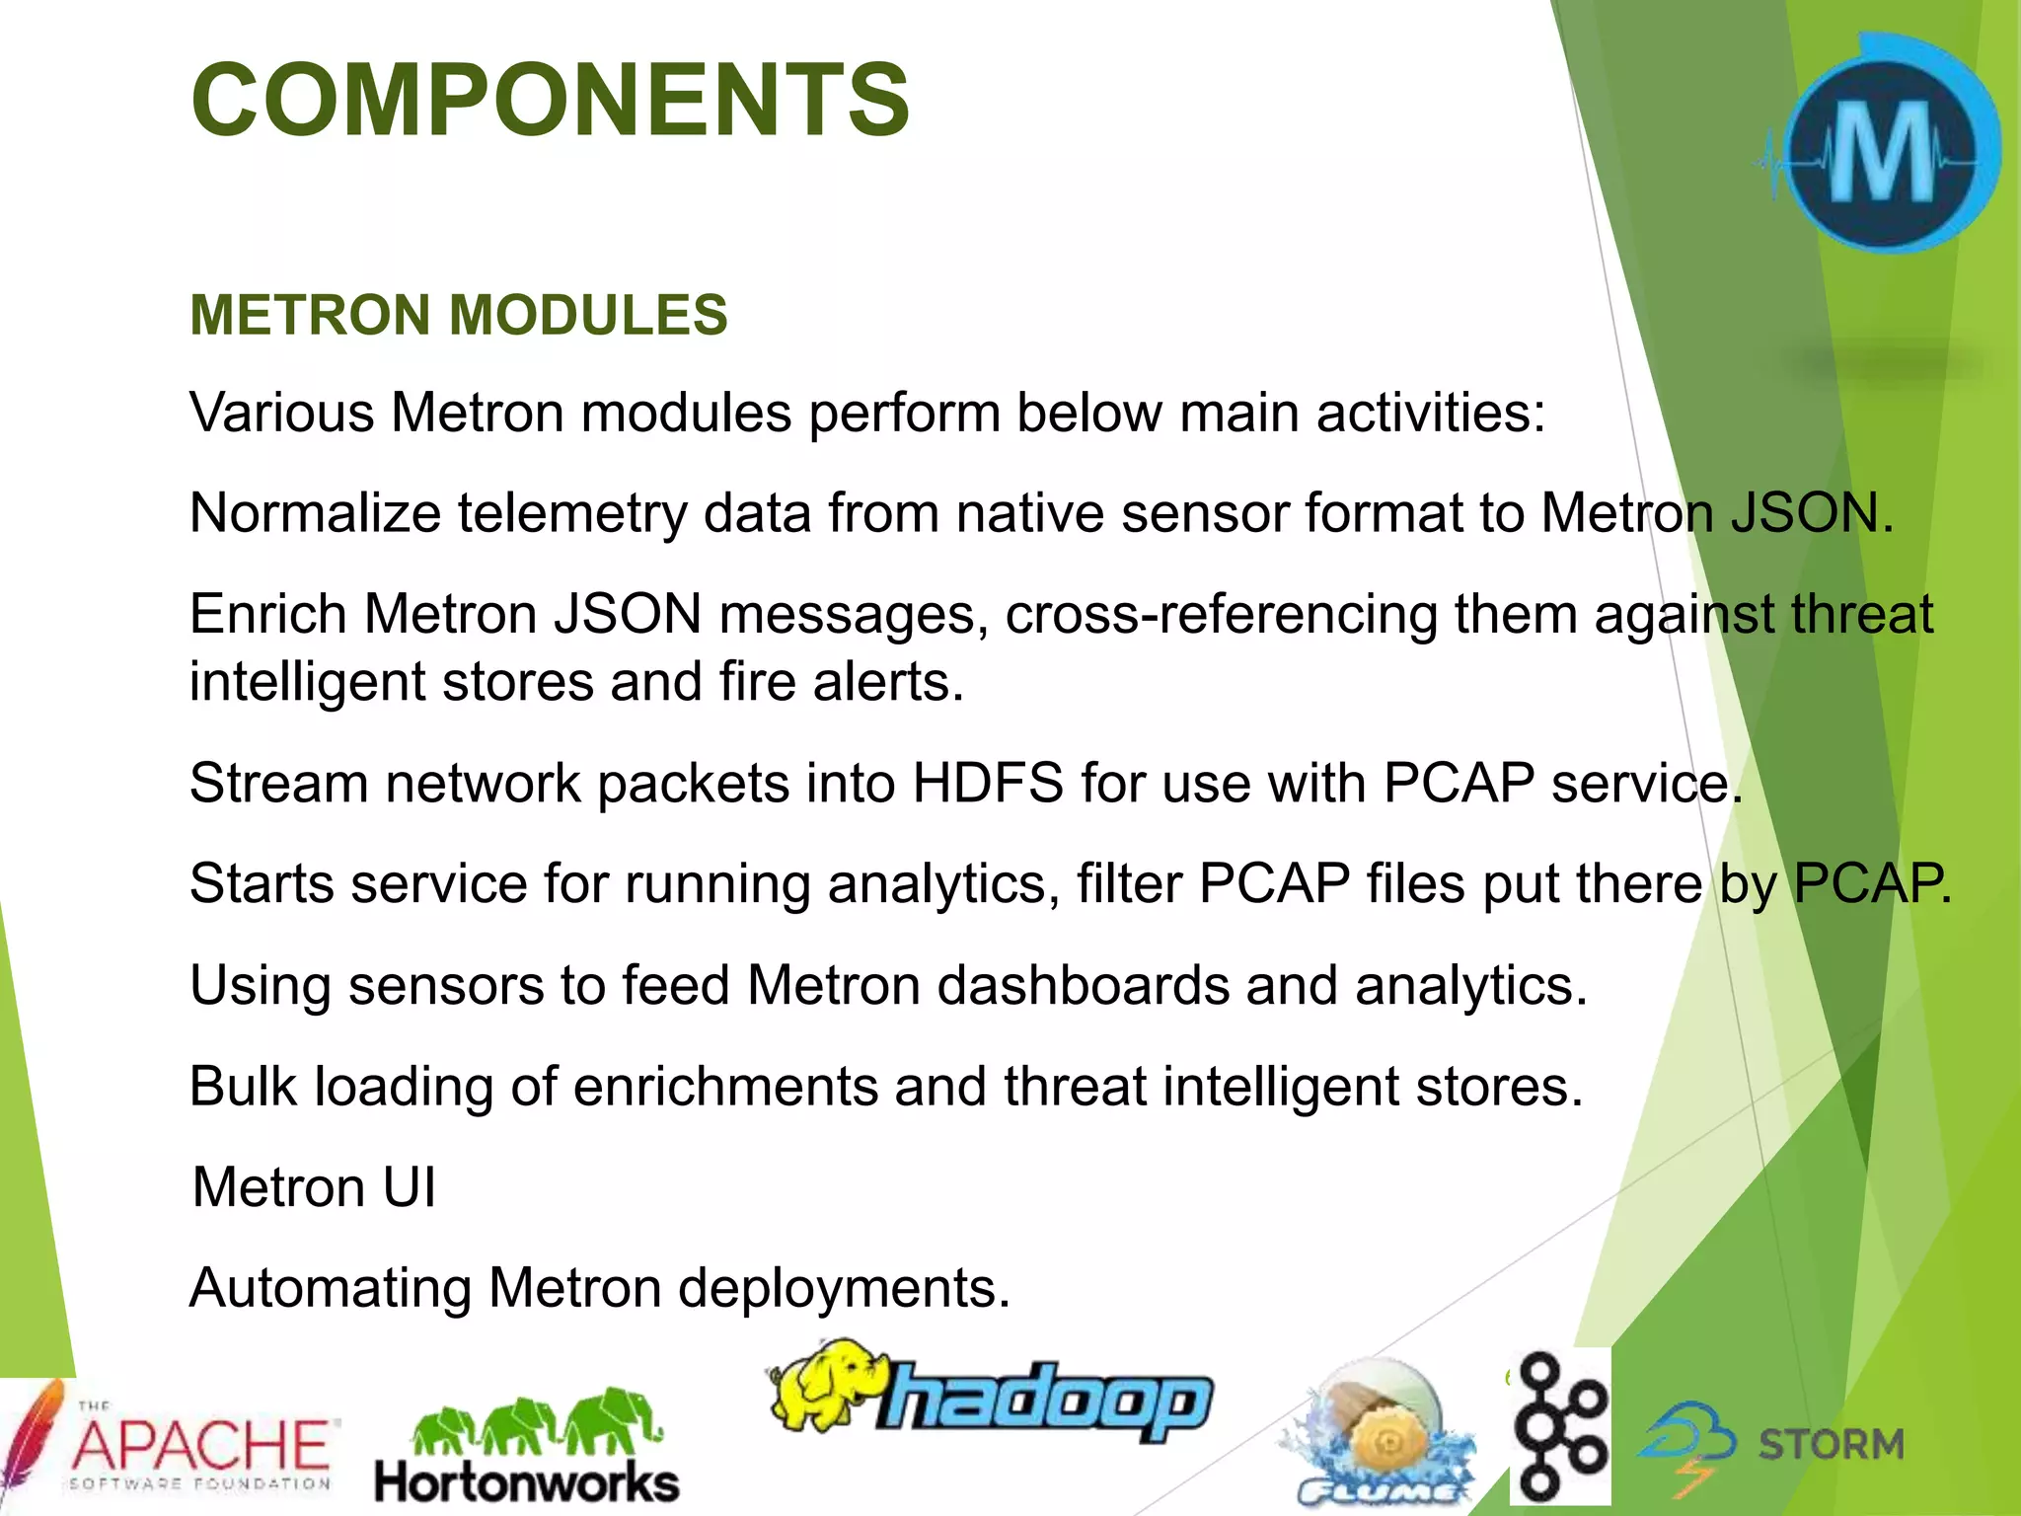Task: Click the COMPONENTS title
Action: [x=550, y=100]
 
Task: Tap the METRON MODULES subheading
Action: [x=458, y=315]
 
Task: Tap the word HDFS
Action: [x=987, y=784]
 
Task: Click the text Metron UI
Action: [x=314, y=1187]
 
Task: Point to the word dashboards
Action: [x=1082, y=986]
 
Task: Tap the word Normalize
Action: [x=314, y=513]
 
